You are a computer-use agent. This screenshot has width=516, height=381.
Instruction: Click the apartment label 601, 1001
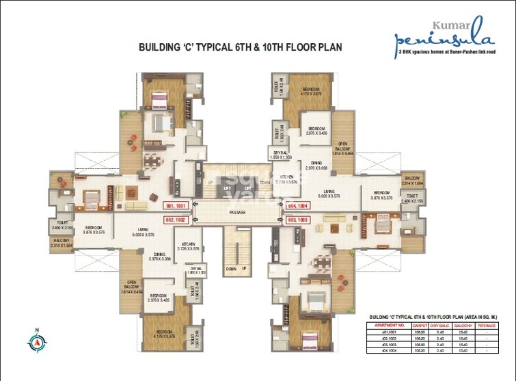pyautogui.click(x=176, y=205)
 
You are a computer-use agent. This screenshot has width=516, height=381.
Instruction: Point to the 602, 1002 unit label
pyautogui.click(x=176, y=220)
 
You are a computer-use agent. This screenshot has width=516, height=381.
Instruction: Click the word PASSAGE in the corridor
pyautogui.click(x=237, y=213)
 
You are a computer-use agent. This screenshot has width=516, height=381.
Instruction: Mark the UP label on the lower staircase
pyautogui.click(x=243, y=269)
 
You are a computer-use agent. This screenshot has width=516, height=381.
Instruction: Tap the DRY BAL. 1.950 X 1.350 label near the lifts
pyautogui.click(x=281, y=155)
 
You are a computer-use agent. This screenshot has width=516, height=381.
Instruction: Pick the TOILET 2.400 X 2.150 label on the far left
pyautogui.click(x=62, y=224)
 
